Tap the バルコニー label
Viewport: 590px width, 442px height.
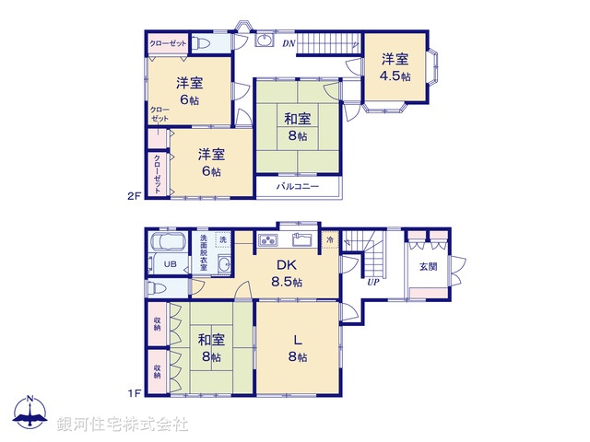(x=297, y=187)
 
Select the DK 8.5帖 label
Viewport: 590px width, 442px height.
(x=285, y=273)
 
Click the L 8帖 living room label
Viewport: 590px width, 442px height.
(x=297, y=347)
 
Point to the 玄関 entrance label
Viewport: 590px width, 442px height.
(x=429, y=267)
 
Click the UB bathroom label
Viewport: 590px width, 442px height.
(x=170, y=264)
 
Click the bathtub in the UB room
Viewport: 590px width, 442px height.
(x=169, y=244)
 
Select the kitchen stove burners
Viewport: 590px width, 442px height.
(x=268, y=241)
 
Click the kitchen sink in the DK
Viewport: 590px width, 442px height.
(x=302, y=240)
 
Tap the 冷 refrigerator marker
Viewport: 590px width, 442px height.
(x=331, y=240)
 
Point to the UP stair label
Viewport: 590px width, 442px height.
(x=372, y=282)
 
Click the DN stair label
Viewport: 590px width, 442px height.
(x=289, y=43)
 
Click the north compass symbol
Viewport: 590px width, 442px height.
(x=30, y=414)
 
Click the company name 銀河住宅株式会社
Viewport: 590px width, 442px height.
(x=123, y=425)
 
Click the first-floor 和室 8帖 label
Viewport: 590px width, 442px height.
(x=209, y=348)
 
